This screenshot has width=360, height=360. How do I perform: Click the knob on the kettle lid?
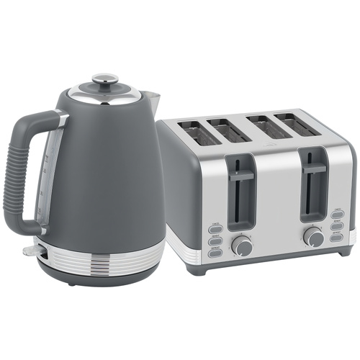105,78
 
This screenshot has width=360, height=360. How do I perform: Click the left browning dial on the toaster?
242,247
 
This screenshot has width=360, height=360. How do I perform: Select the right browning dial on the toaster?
313,236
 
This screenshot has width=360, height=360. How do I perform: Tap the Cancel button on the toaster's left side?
215,229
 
